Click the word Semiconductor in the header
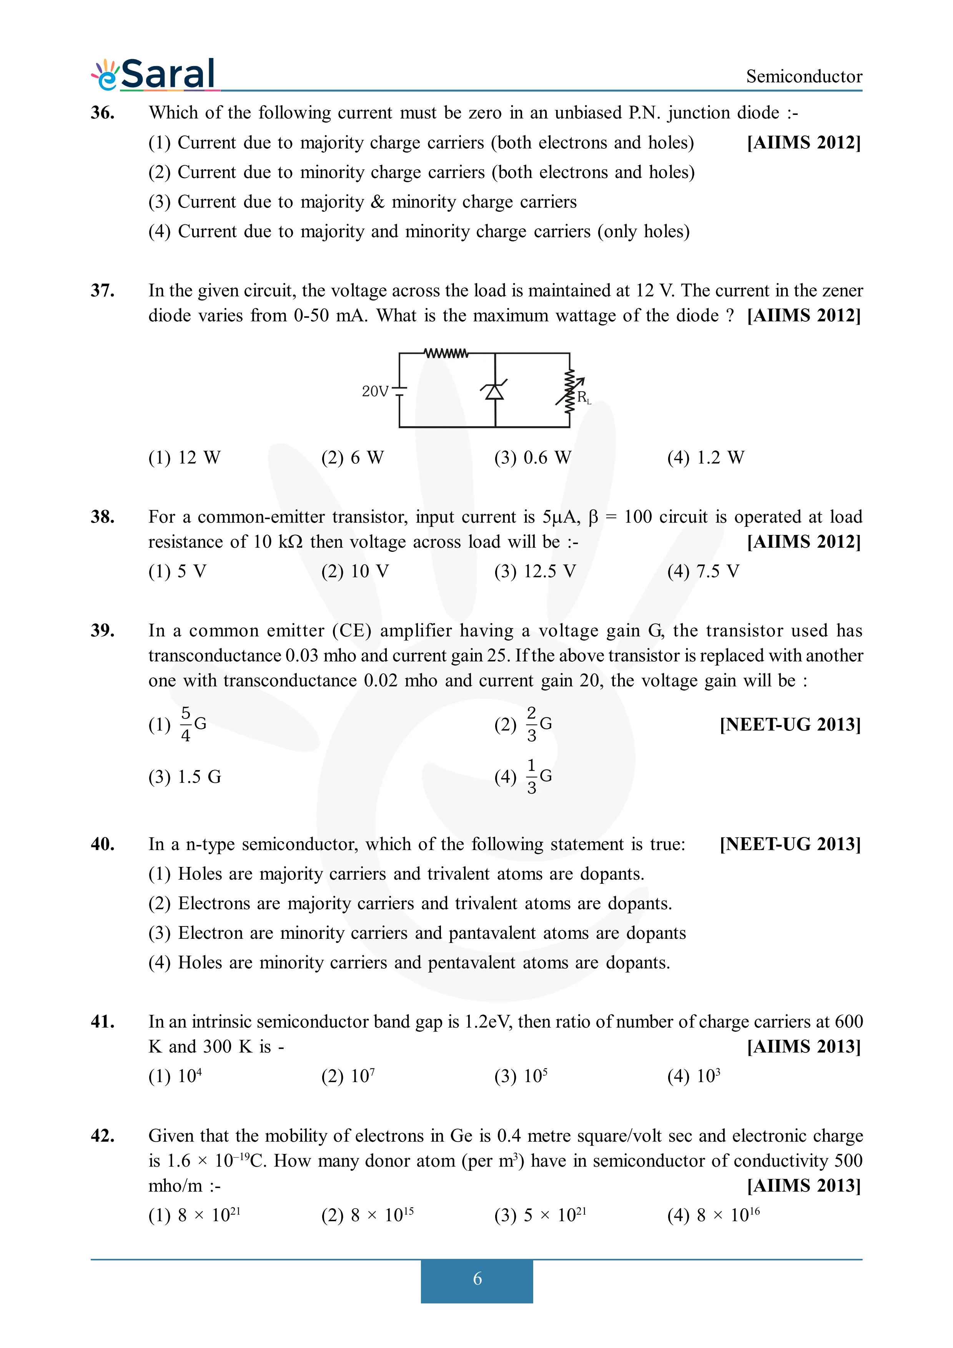pos(803,76)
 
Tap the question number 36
pos(103,112)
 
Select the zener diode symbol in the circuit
pos(494,390)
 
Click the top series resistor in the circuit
pos(446,354)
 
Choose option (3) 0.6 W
pos(532,457)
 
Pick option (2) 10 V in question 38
pos(355,571)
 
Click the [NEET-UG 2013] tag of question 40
pos(790,844)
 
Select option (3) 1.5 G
pos(185,777)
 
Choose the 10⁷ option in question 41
pos(348,1076)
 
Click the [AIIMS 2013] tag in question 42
pos(803,1185)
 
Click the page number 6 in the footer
pos(477,1279)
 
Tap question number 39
pos(103,631)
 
